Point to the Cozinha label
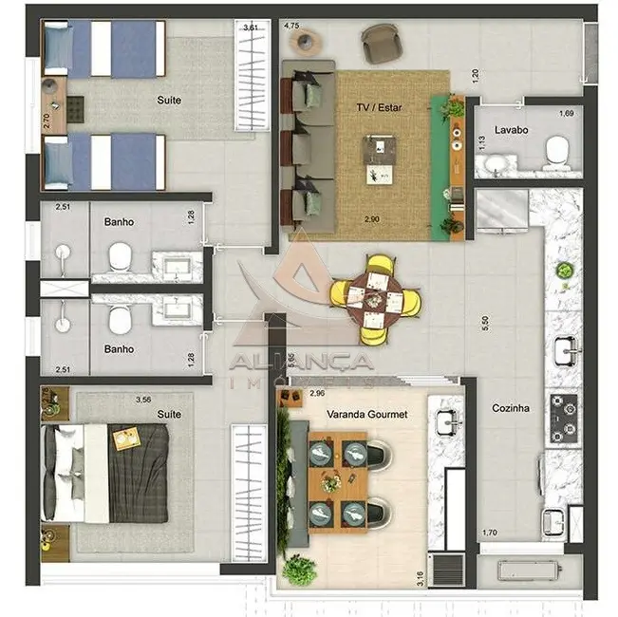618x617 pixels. pos(510,408)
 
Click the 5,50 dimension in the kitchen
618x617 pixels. pos(485,323)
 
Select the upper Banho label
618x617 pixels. pos(119,223)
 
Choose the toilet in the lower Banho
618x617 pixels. pos(119,321)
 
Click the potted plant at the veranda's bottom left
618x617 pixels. pos(300,570)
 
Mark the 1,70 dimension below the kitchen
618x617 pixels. pos(489,533)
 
